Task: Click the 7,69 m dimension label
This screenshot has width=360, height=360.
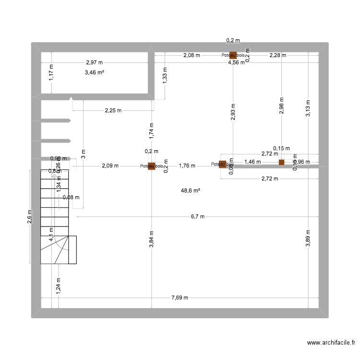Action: [180, 298]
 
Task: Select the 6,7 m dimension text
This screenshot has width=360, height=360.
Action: [197, 217]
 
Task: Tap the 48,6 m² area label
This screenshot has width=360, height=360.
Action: [190, 191]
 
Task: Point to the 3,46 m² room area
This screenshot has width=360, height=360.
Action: [95, 72]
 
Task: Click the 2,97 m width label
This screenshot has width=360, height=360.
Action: [94, 62]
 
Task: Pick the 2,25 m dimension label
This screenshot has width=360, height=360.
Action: [113, 110]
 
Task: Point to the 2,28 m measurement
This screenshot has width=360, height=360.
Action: [277, 56]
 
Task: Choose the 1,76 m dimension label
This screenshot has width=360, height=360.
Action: [187, 166]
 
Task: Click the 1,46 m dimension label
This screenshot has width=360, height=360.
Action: [252, 162]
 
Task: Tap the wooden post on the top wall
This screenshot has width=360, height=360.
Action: [233, 55]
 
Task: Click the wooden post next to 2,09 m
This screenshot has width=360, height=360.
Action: [151, 166]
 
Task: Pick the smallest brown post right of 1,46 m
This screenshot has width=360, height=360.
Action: [282, 162]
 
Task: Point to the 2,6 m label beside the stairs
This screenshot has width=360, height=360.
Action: [30, 217]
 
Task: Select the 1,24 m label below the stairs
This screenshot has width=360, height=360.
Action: [58, 285]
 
